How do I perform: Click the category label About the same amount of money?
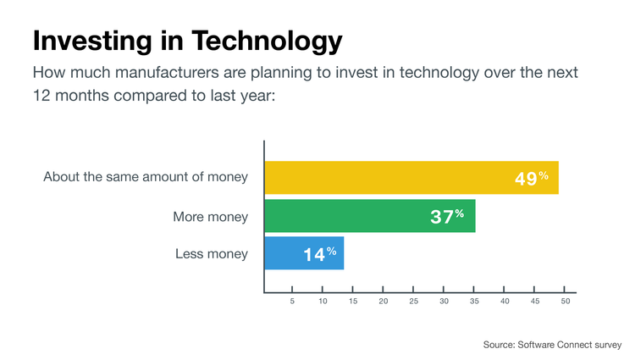coord(146,177)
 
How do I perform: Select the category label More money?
coord(210,217)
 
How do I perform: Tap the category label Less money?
coord(212,254)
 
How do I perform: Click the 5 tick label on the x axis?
coord(292,302)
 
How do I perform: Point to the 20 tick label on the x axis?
coord(383,302)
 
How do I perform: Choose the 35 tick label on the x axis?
coord(474,302)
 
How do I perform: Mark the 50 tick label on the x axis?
coord(565,302)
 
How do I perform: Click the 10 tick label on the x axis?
coord(323,302)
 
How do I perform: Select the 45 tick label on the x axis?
coord(535,302)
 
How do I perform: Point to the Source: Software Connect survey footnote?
coord(552,345)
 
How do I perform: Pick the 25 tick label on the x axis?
coord(413,302)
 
